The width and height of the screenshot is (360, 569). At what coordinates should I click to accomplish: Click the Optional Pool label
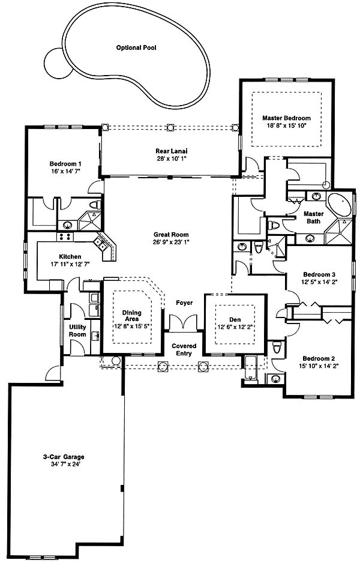pyautogui.click(x=136, y=47)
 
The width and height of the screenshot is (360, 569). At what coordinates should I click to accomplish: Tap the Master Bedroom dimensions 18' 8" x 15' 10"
pyautogui.click(x=286, y=125)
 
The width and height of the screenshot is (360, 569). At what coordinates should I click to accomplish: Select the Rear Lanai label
pyautogui.click(x=171, y=151)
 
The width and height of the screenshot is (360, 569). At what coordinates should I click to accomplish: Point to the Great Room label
pyautogui.click(x=171, y=235)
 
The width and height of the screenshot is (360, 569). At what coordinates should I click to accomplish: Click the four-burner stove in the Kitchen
pyautogui.click(x=65, y=236)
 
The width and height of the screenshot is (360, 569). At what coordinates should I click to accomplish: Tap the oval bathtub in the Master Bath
pyautogui.click(x=341, y=205)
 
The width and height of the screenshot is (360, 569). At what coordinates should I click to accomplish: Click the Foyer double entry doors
pyautogui.click(x=182, y=322)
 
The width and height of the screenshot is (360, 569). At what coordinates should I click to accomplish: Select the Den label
pyautogui.click(x=235, y=320)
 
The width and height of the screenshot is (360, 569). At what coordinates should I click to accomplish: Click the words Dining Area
pyautogui.click(x=132, y=316)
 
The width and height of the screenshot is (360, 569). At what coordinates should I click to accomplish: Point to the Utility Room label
pyautogui.click(x=77, y=331)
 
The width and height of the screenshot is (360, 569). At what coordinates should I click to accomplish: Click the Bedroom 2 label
pyautogui.click(x=316, y=358)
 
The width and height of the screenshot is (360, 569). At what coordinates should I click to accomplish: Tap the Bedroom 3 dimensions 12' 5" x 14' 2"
pyautogui.click(x=319, y=281)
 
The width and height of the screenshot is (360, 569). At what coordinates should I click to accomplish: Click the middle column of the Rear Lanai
pyautogui.click(x=170, y=127)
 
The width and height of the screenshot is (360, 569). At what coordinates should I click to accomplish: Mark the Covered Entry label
pyautogui.click(x=184, y=349)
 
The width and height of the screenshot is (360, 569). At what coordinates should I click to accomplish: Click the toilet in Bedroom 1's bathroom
pyautogui.click(x=95, y=204)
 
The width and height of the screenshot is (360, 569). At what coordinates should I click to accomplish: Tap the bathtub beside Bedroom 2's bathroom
pyautogui.click(x=251, y=369)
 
